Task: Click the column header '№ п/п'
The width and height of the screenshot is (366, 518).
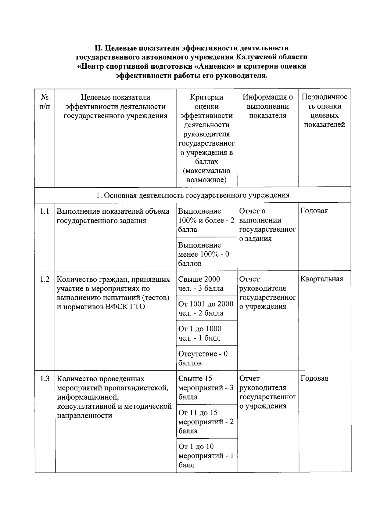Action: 45,102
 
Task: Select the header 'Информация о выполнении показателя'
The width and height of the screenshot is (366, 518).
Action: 267,106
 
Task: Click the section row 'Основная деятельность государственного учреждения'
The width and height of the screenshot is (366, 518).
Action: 193,195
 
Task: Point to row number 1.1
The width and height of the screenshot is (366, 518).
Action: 45,211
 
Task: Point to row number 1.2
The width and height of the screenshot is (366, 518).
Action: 45,279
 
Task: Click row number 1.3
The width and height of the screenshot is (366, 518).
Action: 45,379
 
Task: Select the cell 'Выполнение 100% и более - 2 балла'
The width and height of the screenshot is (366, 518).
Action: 206,220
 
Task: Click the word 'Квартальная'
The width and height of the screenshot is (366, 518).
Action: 321,279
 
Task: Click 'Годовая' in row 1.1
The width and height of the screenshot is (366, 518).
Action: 314,211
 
